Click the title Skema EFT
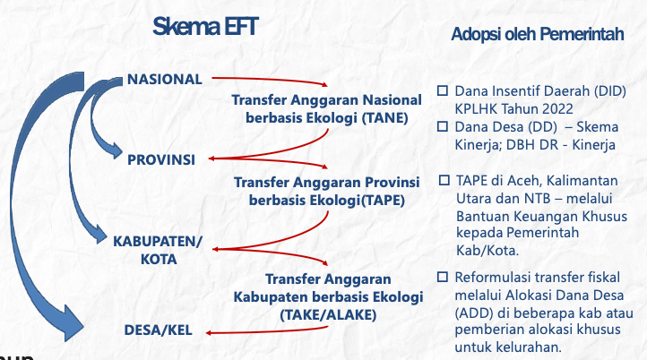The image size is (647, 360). [x=205, y=27]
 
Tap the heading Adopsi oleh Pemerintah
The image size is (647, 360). [x=538, y=34]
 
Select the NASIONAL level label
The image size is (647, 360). [x=165, y=79]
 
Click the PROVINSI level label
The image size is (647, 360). [x=161, y=159]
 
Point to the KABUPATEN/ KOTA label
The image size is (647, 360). [x=158, y=250]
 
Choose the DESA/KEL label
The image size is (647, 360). [x=159, y=330]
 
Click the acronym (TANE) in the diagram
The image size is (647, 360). [x=385, y=118]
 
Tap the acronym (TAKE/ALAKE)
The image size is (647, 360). [x=328, y=315]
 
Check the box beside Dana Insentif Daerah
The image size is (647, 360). [x=443, y=90]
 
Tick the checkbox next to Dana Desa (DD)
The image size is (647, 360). [x=443, y=126]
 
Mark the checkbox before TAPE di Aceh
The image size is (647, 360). [x=444, y=180]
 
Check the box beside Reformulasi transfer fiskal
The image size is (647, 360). [x=443, y=277]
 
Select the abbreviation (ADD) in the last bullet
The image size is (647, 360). [x=474, y=313]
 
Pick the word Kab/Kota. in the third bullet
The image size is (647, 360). [x=487, y=251]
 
